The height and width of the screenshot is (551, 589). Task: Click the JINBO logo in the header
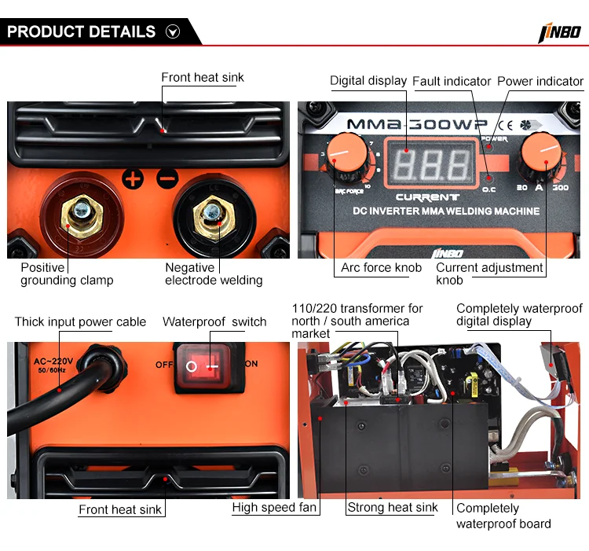[558, 32]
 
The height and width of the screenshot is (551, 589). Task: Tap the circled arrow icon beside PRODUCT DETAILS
[174, 32]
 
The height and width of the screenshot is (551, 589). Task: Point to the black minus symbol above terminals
[167, 178]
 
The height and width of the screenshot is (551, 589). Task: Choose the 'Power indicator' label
[540, 81]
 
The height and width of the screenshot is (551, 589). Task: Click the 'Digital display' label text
[368, 80]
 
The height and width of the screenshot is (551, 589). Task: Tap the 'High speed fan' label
[275, 508]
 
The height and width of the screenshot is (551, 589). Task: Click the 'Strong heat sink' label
[393, 508]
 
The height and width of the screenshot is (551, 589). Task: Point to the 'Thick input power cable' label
[80, 321]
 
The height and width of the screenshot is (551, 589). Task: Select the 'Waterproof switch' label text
[214, 321]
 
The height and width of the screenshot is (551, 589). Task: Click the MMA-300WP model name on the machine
[418, 124]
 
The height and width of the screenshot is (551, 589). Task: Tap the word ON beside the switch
[251, 364]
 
